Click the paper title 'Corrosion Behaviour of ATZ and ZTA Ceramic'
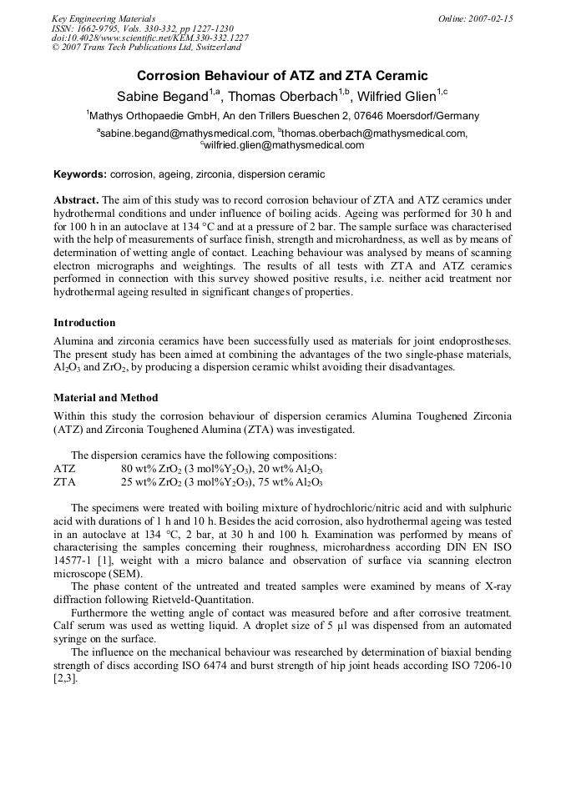point(282,75)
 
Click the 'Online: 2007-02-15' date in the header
point(475,18)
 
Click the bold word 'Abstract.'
point(77,201)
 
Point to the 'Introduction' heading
point(84,323)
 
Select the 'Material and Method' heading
point(105,398)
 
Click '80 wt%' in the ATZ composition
point(139,469)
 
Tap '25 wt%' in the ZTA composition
point(139,482)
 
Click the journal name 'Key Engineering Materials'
point(104,18)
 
